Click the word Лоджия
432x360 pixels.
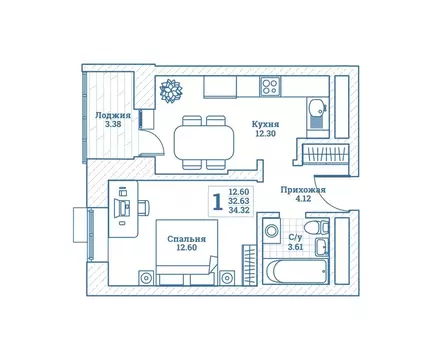pyautogui.click(x=113, y=115)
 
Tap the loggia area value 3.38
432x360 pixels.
pyautogui.click(x=113, y=126)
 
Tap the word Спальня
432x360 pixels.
pyautogui.click(x=186, y=239)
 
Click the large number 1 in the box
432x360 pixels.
pyautogui.click(x=216, y=202)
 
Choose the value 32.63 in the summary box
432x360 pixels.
pyautogui.click(x=239, y=202)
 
